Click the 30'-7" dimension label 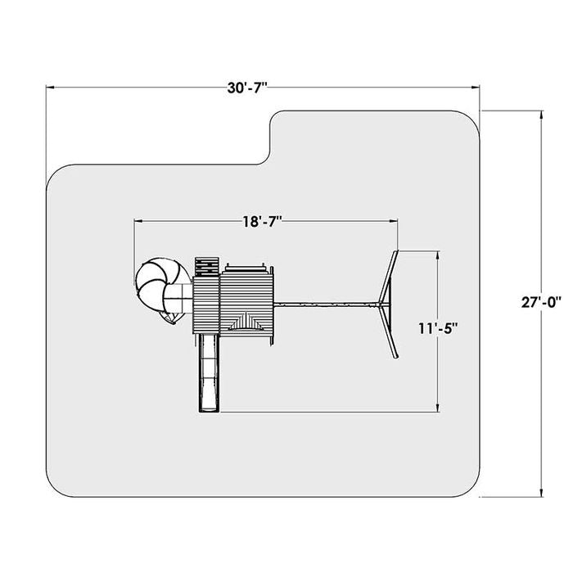[x=247, y=88]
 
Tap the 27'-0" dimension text [x=542, y=303]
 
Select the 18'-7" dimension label [x=263, y=222]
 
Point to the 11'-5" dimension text [x=438, y=328]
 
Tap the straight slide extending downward [x=210, y=372]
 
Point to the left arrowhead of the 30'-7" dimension [x=51, y=88]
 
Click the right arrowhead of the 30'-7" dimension [x=475, y=88]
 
